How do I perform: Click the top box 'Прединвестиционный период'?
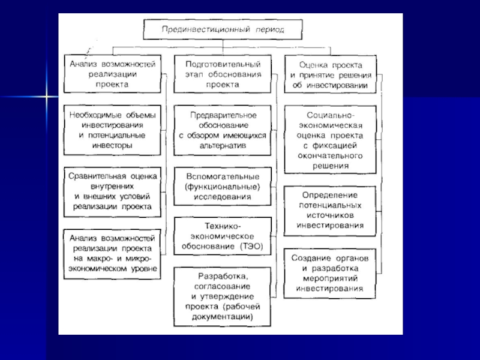tap(223, 28)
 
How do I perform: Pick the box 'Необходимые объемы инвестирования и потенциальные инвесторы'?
tap(113, 128)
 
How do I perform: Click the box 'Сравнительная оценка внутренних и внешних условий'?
tap(113, 191)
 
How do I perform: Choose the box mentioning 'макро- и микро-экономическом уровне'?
tap(113, 253)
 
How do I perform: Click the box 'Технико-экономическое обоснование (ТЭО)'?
tap(223, 236)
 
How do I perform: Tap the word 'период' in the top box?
tap(268, 29)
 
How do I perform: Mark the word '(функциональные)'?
tap(223, 187)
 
